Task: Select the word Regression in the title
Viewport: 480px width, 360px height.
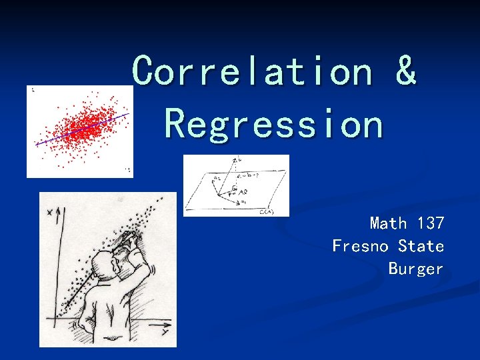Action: tap(274, 124)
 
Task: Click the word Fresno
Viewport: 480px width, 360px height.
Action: tap(361, 246)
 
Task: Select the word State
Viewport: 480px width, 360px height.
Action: tap(421, 246)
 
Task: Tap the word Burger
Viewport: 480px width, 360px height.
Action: tap(416, 269)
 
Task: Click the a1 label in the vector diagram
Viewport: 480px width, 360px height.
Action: tap(243, 202)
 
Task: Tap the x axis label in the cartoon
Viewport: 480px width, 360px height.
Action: tap(51, 212)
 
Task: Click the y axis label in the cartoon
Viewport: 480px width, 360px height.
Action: tap(163, 331)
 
